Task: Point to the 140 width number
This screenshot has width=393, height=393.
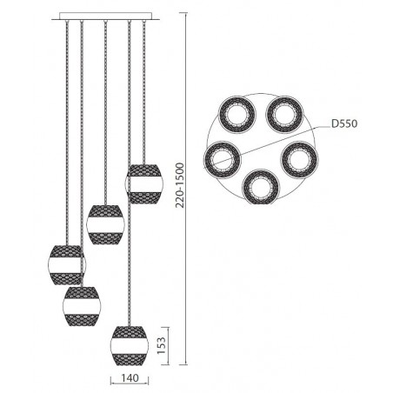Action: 130,378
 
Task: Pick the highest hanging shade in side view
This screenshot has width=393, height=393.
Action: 143,183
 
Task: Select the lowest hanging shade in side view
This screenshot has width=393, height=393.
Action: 129,343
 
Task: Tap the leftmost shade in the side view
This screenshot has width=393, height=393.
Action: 66,265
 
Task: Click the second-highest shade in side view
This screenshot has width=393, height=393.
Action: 105,223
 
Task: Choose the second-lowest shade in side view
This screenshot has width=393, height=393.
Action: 80,303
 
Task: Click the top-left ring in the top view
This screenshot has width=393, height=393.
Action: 236,114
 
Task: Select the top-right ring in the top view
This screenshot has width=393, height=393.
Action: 283,113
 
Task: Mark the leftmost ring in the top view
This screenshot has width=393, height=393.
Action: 221,158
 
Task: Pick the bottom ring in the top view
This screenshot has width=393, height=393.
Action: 259,185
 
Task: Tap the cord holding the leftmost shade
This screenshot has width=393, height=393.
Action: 66,130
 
